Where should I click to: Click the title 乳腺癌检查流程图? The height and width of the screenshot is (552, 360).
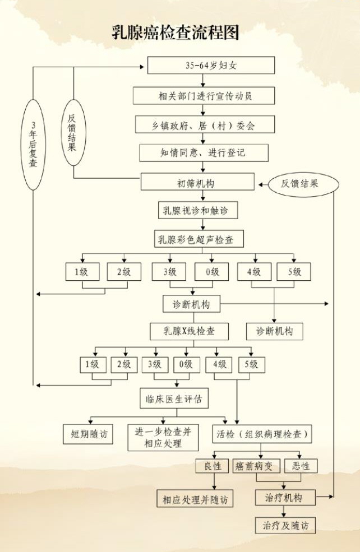point(176,33)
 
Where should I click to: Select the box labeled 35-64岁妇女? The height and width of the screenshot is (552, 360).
point(211,65)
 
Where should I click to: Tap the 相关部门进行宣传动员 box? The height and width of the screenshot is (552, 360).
point(204,96)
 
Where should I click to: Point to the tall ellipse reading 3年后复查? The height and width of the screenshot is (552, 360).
point(33,145)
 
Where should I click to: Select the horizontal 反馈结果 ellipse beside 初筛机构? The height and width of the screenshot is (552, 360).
point(303,183)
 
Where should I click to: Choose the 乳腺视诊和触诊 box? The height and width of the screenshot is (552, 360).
point(197,210)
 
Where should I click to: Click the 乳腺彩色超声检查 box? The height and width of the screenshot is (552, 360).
point(199,239)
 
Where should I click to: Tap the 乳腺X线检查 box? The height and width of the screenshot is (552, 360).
point(189,331)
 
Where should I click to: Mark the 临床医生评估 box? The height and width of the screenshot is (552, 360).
point(174,398)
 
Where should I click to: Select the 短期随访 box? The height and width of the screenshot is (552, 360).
point(88,434)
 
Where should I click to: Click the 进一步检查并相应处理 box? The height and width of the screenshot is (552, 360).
point(163,438)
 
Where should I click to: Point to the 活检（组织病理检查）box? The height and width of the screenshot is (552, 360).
point(262,434)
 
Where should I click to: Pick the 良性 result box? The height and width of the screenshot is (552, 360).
point(213,466)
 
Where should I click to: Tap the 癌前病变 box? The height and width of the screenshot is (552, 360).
point(256,466)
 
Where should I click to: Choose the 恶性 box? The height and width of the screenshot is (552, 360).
point(301,466)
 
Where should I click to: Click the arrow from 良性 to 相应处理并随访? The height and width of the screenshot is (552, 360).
point(213,481)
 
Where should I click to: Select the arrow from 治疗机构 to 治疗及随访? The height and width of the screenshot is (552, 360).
point(284,512)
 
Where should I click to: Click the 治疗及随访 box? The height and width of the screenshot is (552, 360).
point(285,526)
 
